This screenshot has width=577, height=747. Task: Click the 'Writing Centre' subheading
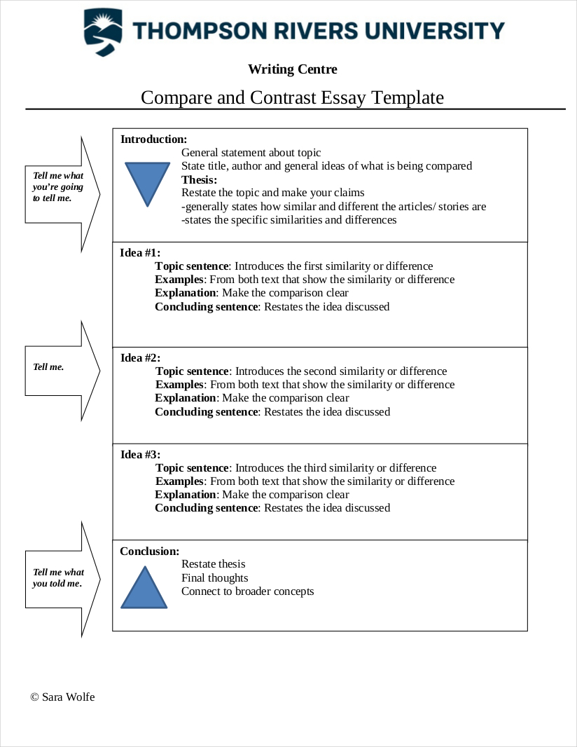coord(292,69)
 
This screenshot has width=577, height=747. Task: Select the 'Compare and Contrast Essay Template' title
coord(292,97)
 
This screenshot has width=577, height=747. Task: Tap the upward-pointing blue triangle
coord(145,589)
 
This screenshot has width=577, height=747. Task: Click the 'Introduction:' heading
coord(153,139)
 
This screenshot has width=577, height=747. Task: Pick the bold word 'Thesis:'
coord(200,179)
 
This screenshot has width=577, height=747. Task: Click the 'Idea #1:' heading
coord(140,253)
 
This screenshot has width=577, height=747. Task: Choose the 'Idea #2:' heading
coord(140,358)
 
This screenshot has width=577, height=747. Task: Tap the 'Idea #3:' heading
coord(140,455)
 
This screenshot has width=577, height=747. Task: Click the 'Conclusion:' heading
coord(149,551)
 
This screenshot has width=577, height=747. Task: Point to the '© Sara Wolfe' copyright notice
coord(62,697)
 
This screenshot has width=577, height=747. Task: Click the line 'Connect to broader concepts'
coord(247,591)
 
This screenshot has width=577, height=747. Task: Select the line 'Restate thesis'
coord(213,564)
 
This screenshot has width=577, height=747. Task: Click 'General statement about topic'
coord(251,153)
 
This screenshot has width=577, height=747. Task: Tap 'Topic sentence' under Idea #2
coord(192,371)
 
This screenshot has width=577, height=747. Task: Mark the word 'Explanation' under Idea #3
coord(186,495)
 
